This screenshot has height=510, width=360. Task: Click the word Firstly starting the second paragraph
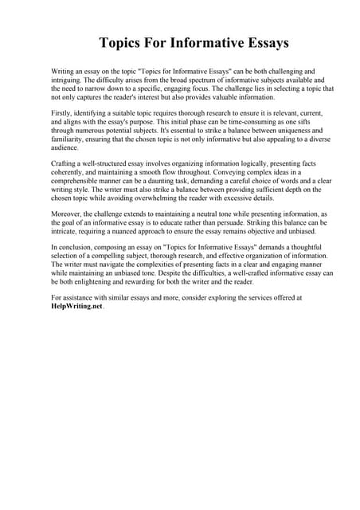coord(63,114)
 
